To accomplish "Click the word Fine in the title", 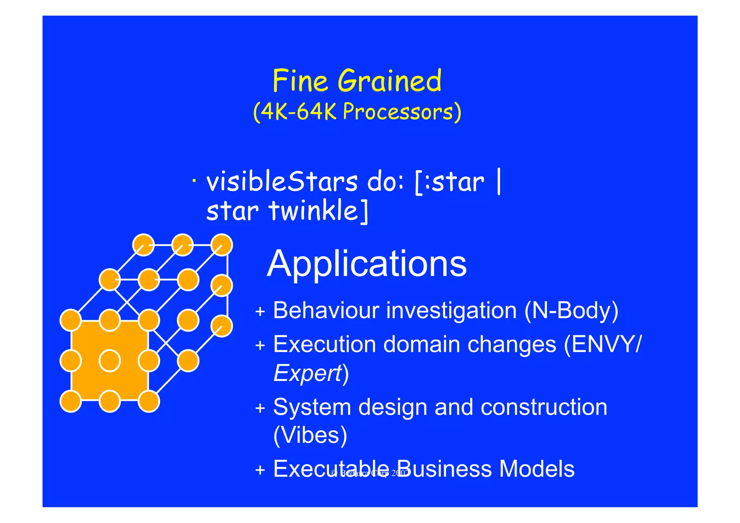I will (300, 81).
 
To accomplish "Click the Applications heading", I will (366, 263).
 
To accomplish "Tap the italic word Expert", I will (307, 373).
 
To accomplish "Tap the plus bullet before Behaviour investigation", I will (260, 312).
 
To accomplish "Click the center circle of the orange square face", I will (110, 361).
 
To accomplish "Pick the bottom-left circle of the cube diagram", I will (70, 401).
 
